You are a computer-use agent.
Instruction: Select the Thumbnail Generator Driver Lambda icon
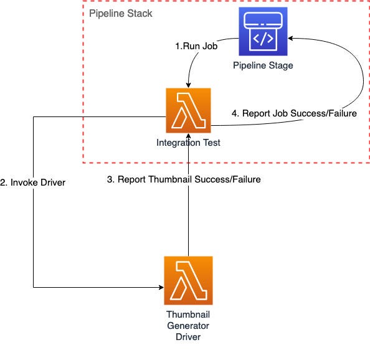click(187, 280)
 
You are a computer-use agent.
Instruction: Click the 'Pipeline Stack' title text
click(121, 13)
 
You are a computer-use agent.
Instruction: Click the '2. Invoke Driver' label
click(33, 183)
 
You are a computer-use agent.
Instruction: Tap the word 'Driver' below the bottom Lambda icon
click(187, 336)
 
